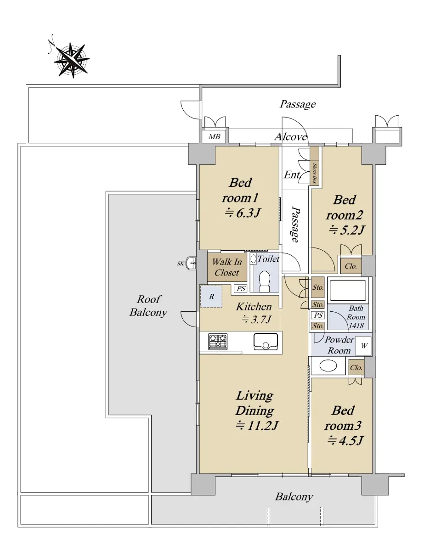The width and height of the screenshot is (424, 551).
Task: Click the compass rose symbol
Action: (x=71, y=60)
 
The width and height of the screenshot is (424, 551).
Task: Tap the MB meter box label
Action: (x=214, y=137)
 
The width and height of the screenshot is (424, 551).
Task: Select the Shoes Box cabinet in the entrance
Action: (x=315, y=165)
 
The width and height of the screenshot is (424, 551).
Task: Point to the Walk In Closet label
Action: (x=227, y=267)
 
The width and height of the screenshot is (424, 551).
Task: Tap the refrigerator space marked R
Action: (x=211, y=297)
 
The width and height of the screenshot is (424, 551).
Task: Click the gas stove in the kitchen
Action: (x=218, y=342)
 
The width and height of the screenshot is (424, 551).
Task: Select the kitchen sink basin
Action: (x=266, y=341)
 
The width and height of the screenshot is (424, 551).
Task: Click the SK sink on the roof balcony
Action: (x=191, y=263)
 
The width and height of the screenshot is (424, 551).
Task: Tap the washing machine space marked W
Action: (x=363, y=346)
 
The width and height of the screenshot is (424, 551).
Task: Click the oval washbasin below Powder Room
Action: (x=328, y=366)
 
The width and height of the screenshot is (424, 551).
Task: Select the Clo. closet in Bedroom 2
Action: (x=351, y=266)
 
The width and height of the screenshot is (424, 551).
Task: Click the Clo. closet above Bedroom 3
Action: (x=356, y=367)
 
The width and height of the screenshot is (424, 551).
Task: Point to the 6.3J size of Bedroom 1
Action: (x=243, y=213)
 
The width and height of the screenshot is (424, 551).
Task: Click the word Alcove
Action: (x=291, y=137)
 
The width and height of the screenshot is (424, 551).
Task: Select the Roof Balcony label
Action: (x=148, y=306)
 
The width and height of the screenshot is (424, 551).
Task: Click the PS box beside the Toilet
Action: (x=241, y=288)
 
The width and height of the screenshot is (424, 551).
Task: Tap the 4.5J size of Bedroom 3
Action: (x=345, y=440)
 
